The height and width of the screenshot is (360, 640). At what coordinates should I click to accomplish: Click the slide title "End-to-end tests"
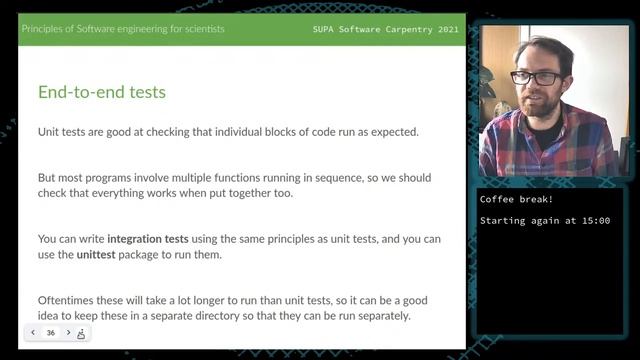click(x=102, y=93)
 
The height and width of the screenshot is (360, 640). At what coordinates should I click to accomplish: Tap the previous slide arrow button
click(x=33, y=333)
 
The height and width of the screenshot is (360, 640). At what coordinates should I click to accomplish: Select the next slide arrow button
click(x=68, y=333)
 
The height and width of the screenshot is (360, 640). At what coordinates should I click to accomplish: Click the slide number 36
click(x=50, y=333)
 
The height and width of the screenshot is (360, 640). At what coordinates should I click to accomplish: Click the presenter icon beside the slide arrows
click(x=81, y=333)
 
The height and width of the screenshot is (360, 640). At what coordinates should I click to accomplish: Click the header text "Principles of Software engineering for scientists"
click(x=123, y=28)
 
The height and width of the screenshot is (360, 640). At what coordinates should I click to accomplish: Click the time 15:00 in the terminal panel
click(x=594, y=220)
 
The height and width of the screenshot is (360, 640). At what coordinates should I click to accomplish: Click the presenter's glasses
click(x=535, y=76)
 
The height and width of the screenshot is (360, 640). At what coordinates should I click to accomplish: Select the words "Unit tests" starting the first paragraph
click(x=61, y=132)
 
